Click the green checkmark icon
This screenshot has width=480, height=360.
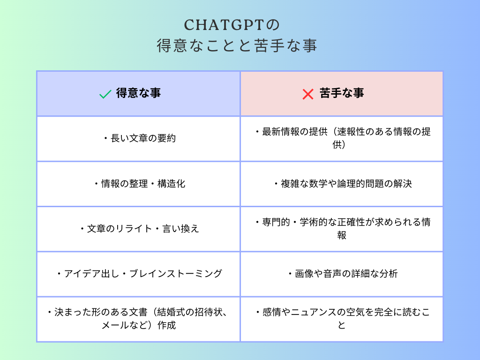click(105, 94)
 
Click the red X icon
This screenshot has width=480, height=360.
click(307, 94)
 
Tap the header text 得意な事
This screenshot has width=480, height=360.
click(138, 93)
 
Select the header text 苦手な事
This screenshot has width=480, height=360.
click(342, 93)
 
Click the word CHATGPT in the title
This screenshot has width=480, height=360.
click(224, 25)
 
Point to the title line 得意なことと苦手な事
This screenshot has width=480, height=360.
click(237, 45)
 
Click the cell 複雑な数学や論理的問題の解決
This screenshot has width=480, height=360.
click(342, 184)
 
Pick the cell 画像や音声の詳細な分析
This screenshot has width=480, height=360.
click(342, 274)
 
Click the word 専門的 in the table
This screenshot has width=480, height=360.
click(276, 222)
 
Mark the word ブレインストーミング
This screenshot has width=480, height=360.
click(176, 274)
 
